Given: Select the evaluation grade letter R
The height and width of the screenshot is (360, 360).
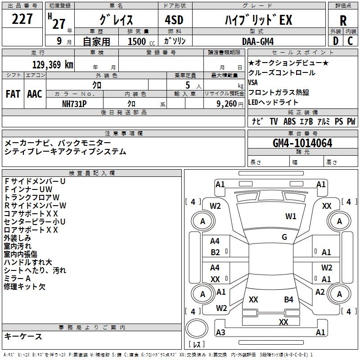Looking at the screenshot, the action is point(343,21).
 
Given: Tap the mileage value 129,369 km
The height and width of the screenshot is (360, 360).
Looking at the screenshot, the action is point(53,64).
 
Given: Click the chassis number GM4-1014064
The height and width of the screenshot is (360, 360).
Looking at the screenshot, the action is point(302,144).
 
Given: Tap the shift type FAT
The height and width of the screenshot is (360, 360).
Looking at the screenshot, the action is point(13,94).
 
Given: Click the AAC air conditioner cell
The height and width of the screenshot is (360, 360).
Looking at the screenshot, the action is point(35,94).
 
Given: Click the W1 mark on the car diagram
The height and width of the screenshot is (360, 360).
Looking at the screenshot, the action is point(291,216).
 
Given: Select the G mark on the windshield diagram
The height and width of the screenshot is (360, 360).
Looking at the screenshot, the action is point(284,237).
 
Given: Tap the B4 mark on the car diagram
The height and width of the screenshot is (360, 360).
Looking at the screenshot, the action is point(288,299).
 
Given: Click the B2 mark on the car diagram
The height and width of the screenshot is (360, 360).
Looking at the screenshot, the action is point(215,252).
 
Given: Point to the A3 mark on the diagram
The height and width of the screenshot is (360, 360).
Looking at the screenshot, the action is point(220,332).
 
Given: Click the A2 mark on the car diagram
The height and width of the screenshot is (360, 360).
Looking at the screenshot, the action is point(320,292).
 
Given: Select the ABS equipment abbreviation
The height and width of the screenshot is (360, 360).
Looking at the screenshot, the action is point(290,121).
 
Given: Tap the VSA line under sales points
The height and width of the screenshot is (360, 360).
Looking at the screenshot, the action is point(253,82).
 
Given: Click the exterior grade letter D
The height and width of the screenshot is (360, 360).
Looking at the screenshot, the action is point(335,41).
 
